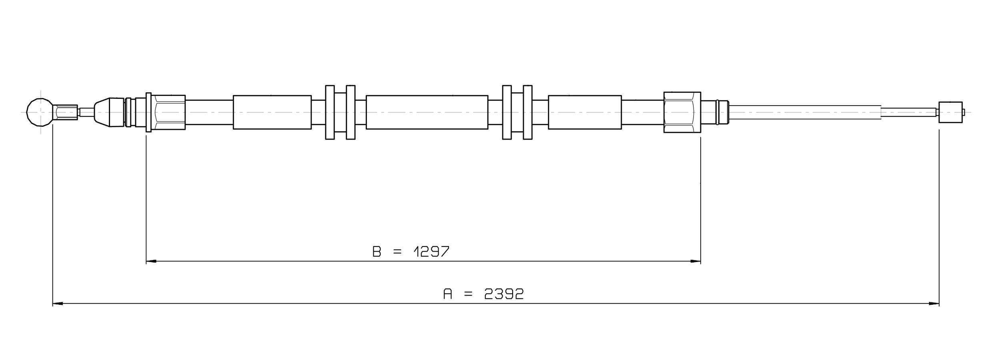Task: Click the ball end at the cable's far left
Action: [39, 112]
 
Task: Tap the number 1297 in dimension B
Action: [431, 252]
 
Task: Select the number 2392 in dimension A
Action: [504, 294]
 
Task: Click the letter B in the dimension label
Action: [377, 252]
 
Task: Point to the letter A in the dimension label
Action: [448, 294]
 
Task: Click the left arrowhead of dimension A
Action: [58, 304]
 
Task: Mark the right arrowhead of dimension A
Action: [934, 304]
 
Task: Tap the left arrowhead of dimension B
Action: [151, 261]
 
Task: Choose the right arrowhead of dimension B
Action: [695, 261]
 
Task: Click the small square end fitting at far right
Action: [950, 112]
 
